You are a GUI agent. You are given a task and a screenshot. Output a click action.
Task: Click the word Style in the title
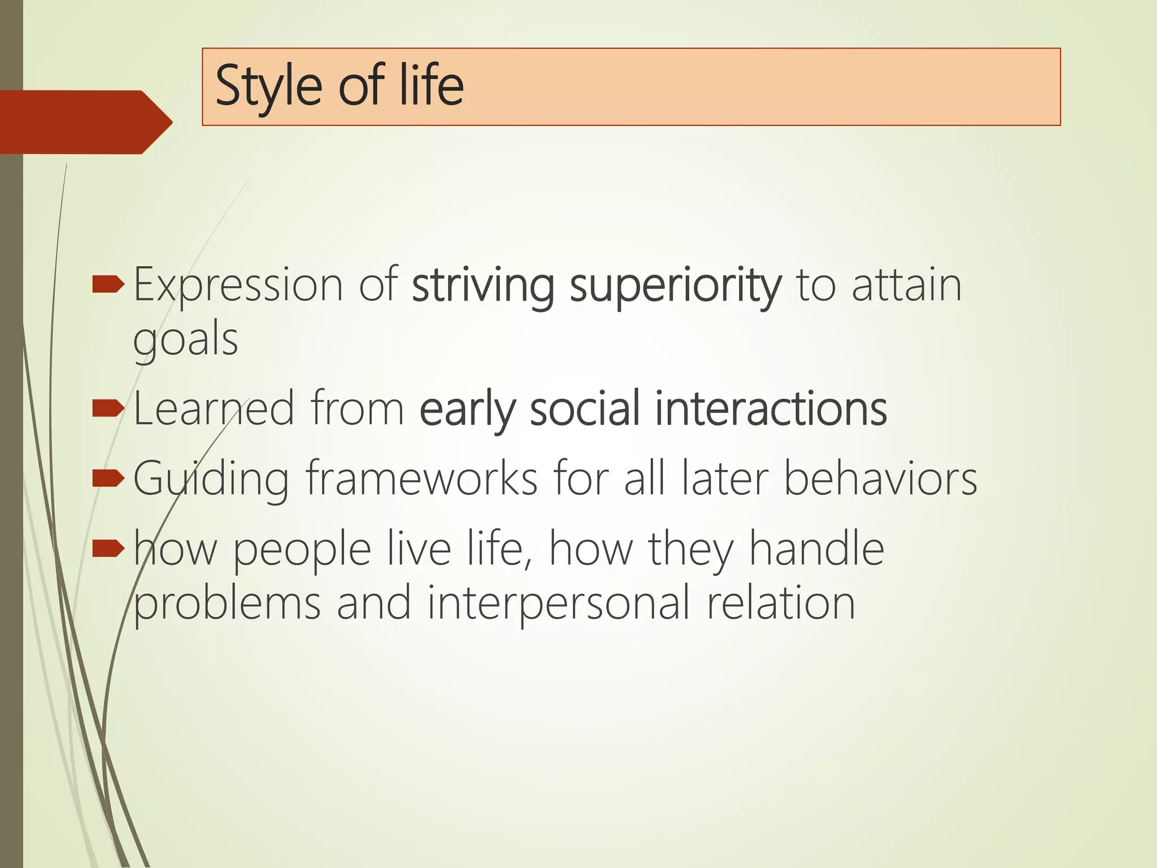pos(268,86)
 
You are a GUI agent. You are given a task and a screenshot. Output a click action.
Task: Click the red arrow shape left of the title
pos(85,121)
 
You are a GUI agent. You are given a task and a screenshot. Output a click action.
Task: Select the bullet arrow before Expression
pos(107,284)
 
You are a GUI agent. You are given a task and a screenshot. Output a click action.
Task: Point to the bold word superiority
pos(675,285)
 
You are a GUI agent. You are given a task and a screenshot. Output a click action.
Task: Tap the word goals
pos(185,340)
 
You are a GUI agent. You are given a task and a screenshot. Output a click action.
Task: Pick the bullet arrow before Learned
pos(107,407)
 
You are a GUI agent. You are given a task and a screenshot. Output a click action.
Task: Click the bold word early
pos(467,409)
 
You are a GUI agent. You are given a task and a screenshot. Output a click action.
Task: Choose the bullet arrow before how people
pos(107,548)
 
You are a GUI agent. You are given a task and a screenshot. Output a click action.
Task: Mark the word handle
pos(816,548)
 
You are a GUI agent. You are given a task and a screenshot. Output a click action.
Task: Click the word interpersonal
pos(558,604)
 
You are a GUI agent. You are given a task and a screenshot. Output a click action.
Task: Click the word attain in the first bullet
pos(906,285)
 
